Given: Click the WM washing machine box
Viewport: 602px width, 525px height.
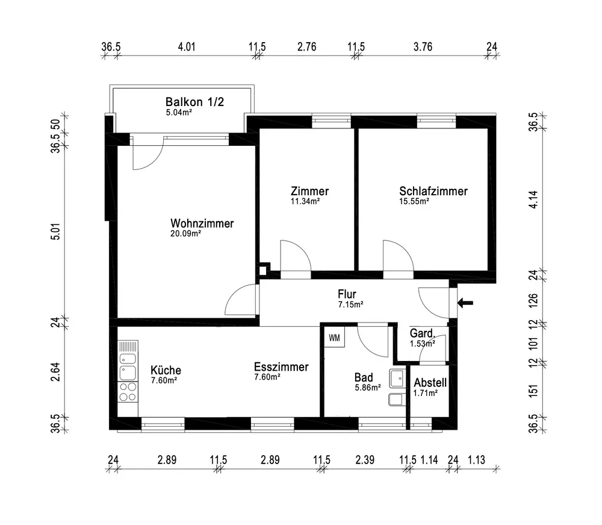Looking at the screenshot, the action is tap(334, 337).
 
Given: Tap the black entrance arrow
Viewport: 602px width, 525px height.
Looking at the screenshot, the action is tap(465, 303).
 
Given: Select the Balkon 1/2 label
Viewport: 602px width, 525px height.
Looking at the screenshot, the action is tap(194, 102).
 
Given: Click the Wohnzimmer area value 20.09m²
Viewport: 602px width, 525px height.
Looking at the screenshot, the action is tap(186, 233).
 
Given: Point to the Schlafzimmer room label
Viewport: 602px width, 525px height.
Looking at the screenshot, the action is tap(433, 191).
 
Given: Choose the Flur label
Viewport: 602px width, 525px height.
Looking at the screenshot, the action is tap(347, 294).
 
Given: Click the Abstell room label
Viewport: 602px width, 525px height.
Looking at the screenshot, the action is tap(430, 382).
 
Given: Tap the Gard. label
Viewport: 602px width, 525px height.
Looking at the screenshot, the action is tap(423, 333).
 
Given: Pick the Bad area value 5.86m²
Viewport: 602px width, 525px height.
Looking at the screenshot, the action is tap(368, 388).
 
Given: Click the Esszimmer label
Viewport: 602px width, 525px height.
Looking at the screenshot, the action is tap(281, 366).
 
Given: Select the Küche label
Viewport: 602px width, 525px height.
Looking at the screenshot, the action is tap(166, 370).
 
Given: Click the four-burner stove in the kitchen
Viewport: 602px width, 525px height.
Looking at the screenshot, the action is tap(128, 392).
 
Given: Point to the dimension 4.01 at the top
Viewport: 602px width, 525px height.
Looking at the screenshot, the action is tap(187, 47).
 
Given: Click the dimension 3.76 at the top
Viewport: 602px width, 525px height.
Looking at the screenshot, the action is tap(423, 47).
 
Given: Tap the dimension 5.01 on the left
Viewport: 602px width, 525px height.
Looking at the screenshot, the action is tap(55, 231).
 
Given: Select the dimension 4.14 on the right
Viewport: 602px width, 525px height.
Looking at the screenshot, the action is tap(533, 200).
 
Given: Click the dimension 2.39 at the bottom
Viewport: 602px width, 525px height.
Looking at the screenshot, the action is tap(365, 460).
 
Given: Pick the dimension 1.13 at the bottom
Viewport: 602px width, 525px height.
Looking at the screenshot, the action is tap(476, 460).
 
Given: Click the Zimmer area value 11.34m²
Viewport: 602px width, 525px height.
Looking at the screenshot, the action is tap(305, 201).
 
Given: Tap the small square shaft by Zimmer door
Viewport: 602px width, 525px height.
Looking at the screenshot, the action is tap(263, 270).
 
